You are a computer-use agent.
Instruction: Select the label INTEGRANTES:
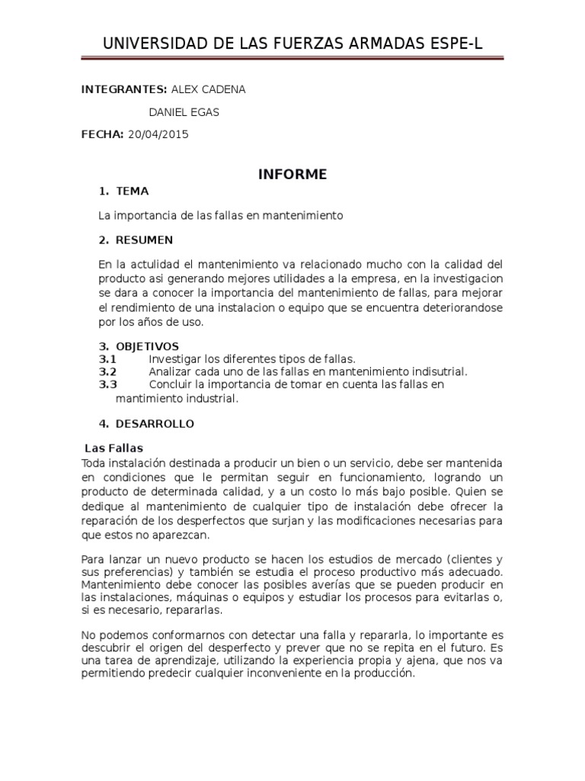[124, 89]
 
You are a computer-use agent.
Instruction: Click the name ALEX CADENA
[208, 89]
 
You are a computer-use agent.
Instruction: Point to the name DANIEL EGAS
[183, 112]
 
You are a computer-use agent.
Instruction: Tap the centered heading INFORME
[292, 175]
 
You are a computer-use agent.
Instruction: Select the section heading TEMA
[132, 191]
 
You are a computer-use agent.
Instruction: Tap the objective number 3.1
[107, 358]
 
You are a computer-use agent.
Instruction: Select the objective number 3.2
[107, 371]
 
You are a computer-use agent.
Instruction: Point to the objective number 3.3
[107, 384]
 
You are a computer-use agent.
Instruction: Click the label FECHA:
[103, 134]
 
